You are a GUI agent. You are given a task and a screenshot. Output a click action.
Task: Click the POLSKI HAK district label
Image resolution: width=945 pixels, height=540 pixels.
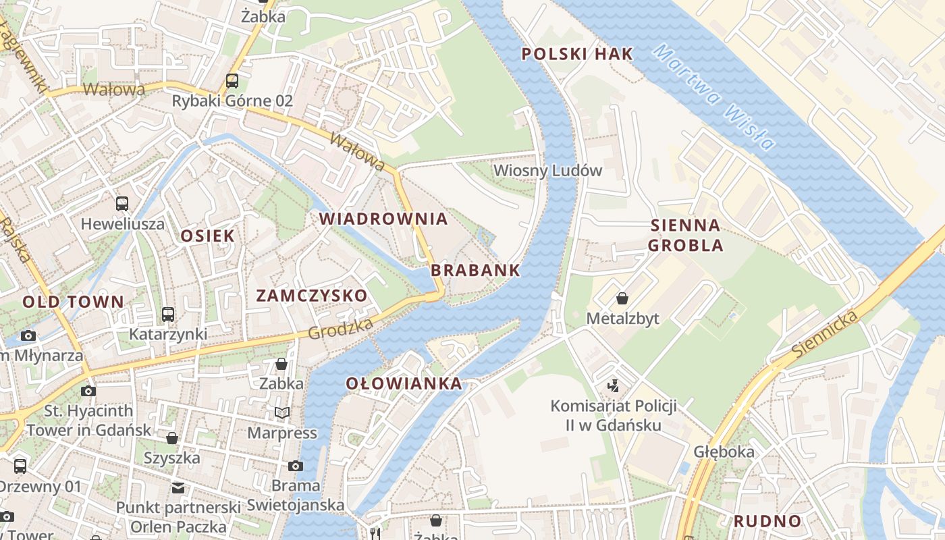tap(578, 54)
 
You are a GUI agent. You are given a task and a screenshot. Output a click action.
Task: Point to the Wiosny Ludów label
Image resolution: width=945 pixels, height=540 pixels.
tap(547, 170)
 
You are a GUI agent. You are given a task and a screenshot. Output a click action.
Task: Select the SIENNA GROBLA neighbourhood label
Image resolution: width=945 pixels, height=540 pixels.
tap(686, 235)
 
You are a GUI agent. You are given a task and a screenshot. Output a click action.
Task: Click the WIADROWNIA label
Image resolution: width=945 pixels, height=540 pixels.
tap(383, 219)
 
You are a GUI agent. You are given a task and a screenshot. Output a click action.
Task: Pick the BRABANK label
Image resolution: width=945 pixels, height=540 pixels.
tap(475, 270)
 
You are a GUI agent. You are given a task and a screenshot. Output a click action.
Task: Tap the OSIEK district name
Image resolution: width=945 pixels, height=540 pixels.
tap(207, 236)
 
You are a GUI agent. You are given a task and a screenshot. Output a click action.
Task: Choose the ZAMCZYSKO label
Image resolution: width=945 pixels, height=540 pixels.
tap(312, 296)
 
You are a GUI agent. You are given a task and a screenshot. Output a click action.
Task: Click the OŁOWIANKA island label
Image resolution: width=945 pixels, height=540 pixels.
tap(404, 384)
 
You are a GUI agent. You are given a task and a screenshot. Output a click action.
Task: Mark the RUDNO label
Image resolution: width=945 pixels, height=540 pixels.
tap(767, 521)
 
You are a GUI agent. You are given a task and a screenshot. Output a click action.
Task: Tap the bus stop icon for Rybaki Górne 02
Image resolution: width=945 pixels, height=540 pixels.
tap(232, 81)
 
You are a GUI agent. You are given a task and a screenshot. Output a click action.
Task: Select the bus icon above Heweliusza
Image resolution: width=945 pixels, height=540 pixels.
tap(122, 203)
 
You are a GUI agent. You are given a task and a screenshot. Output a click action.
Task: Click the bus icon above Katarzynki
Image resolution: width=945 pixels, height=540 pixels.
tap(168, 314)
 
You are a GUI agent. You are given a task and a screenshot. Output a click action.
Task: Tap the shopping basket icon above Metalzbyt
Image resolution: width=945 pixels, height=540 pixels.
tap(622, 298)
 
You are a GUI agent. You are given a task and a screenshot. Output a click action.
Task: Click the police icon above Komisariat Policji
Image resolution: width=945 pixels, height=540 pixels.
tap(614, 386)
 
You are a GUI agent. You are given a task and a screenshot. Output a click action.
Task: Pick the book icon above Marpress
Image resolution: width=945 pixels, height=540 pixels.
tap(281, 412)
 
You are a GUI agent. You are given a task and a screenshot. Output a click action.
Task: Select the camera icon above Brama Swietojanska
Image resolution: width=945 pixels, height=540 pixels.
tap(295, 466)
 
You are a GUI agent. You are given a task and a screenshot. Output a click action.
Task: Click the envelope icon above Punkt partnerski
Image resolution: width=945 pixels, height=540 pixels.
tap(178, 487)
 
